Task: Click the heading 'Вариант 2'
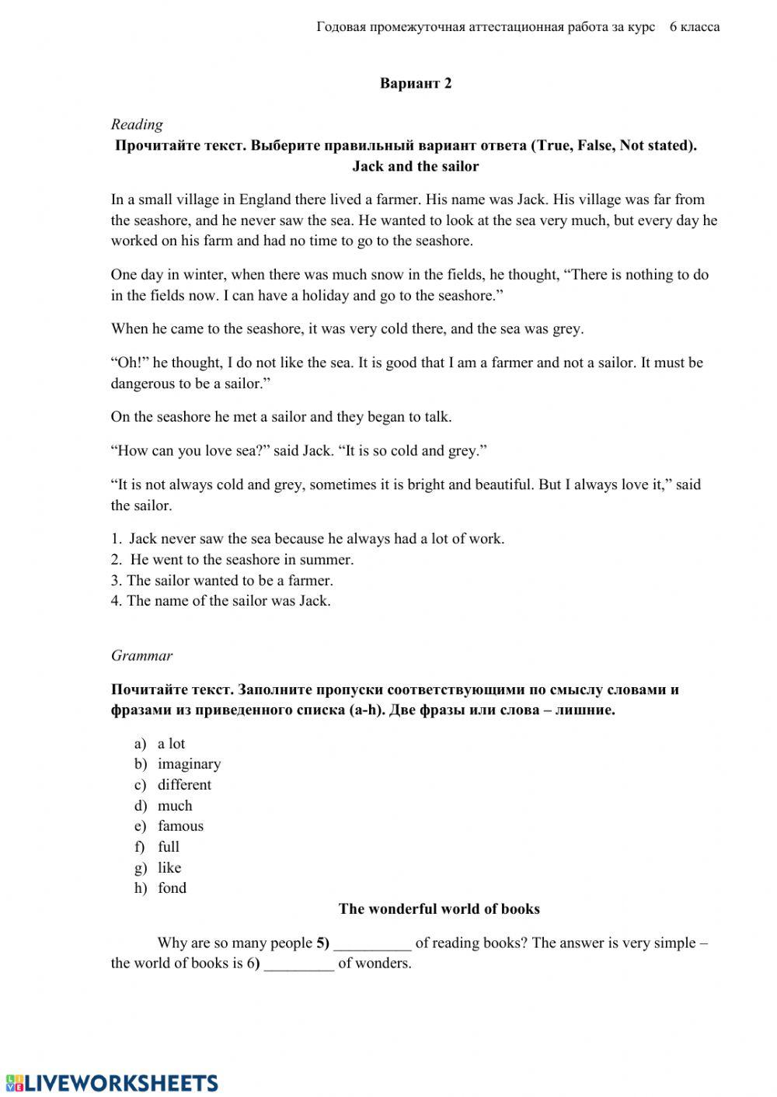416,84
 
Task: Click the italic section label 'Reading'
137,124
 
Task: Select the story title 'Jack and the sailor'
416,166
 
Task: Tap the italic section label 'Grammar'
141,656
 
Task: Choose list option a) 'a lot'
171,744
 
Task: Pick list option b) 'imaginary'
189,764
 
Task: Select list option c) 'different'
184,785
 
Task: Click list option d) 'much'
175,806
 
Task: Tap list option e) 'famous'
180,826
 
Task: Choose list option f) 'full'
169,847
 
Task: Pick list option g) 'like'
169,868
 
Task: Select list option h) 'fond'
172,888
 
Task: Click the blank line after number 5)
372,945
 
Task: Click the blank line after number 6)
299,965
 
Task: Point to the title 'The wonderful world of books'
439,909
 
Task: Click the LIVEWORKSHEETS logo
111,1083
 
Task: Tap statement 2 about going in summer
241,560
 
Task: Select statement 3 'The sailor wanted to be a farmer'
230,581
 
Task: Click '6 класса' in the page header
694,27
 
